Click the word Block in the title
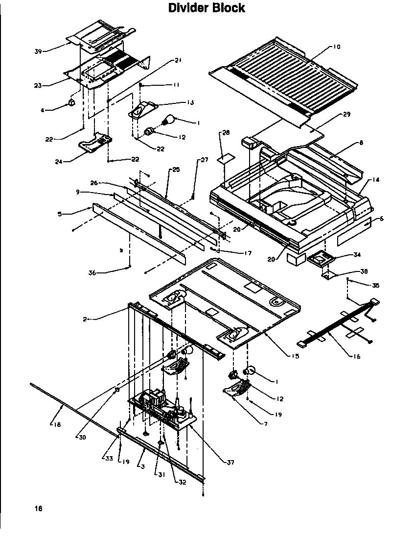point(227,8)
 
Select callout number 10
point(336,47)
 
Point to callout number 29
point(346,114)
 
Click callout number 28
point(225,133)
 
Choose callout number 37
point(231,462)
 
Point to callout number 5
point(60,214)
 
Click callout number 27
point(204,160)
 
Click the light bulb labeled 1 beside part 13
point(169,119)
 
